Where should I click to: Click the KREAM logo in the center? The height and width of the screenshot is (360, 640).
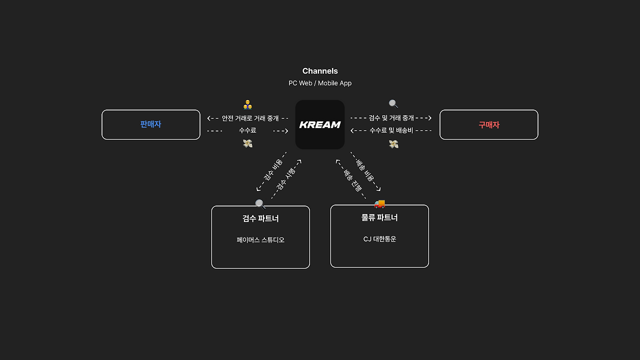tap(320, 124)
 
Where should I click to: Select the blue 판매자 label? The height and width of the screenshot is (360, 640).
tap(150, 124)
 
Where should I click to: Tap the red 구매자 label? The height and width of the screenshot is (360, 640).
tap(489, 125)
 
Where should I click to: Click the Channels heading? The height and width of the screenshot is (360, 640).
tap(320, 71)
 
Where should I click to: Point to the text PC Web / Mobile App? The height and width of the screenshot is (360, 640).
tap(320, 83)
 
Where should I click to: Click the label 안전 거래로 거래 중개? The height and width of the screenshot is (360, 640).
tap(250, 118)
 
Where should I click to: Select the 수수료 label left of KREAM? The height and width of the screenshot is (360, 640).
tap(247, 130)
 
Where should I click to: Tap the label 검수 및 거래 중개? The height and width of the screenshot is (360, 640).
tap(391, 118)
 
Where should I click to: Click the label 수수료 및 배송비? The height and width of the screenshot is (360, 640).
tap(391, 130)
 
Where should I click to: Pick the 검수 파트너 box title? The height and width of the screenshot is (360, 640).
tap(260, 218)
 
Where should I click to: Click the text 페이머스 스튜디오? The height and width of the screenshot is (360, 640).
tap(260, 240)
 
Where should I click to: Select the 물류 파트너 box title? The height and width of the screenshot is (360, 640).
tap(379, 217)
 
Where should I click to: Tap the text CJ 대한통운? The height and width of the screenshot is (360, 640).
tap(379, 239)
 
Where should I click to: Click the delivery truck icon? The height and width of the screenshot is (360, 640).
tap(379, 203)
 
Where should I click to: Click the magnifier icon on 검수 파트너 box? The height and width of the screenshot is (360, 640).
tap(260, 204)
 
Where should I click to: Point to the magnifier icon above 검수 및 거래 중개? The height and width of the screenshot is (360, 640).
tap(393, 104)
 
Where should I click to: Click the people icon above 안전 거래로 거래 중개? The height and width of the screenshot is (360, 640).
tap(247, 104)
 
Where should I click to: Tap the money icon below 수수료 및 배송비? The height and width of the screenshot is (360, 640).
tap(393, 144)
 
